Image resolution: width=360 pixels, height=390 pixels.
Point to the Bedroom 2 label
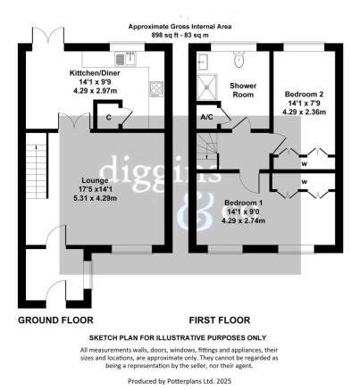coord(303,93)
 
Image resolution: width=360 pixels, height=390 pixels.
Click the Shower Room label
coord(243,90)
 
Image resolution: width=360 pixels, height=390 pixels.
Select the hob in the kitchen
coord(157,88)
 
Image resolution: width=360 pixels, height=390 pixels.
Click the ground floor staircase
coord(36,170)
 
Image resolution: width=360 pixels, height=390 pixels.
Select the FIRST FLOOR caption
coord(220,319)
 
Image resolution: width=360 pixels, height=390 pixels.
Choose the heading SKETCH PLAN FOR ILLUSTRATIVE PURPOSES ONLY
coord(177,338)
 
